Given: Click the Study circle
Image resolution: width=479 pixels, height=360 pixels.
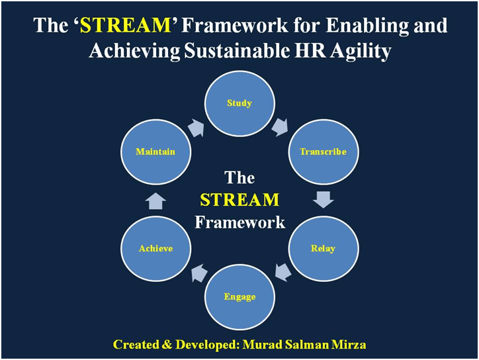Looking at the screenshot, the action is point(239,104).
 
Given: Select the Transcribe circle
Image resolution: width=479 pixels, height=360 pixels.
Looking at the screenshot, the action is point(324,152).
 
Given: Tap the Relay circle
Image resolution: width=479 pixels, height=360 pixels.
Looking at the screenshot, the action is point(324,248).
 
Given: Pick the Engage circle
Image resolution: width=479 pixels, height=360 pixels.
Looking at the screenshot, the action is point(239,297).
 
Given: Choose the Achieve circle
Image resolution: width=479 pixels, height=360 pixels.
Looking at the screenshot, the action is point(155,248).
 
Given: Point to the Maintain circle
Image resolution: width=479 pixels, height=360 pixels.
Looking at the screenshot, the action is point(155,152).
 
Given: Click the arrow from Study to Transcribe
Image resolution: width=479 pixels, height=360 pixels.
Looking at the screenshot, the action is point(280,127).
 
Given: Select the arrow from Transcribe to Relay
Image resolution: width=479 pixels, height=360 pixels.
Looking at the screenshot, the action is point(324,200).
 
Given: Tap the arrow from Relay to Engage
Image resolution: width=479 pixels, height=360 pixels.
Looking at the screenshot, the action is point(283,272).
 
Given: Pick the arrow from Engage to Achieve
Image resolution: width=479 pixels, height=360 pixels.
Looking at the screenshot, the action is point(200,273).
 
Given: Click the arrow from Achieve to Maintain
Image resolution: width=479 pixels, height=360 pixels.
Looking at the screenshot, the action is point(155,201).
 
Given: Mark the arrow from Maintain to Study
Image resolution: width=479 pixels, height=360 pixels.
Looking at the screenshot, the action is point(196,128).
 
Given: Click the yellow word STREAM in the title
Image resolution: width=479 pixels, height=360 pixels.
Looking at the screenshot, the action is point(125,25).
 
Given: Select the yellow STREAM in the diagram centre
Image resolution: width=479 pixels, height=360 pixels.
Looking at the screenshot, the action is point(239,200).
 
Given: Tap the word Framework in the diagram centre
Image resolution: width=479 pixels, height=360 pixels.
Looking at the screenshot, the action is point(239,222).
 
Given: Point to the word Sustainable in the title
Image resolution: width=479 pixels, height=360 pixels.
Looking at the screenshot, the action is point(237,50).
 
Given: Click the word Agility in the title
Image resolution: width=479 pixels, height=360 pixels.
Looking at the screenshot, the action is point(361,52).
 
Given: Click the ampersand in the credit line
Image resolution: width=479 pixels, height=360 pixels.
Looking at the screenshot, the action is point(167,344).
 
